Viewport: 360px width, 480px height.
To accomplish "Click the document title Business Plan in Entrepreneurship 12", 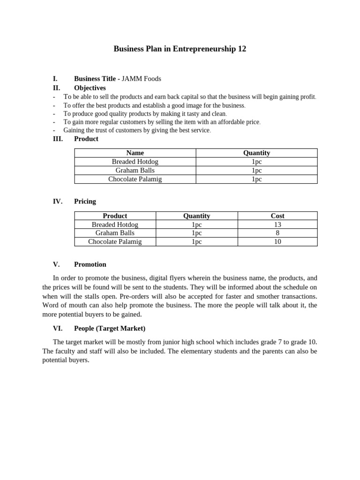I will pyautogui.click(x=180, y=49).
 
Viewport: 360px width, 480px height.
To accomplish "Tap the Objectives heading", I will pyautogui.click(x=90, y=88).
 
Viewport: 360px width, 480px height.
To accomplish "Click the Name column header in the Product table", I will pyautogui.click(x=135, y=153).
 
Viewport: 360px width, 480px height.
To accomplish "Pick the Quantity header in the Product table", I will pyautogui.click(x=256, y=153).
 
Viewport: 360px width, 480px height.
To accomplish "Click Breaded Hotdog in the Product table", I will pyautogui.click(x=135, y=161).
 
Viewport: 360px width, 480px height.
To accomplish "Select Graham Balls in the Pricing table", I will pyautogui.click(x=115, y=233).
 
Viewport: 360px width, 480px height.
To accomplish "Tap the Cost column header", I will pyautogui.click(x=277, y=216).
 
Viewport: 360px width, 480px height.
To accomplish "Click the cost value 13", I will pyautogui.click(x=277, y=225).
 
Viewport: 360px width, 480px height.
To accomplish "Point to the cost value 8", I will pyautogui.click(x=277, y=233).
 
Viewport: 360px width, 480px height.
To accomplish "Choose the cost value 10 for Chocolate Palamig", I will pyautogui.click(x=277, y=242).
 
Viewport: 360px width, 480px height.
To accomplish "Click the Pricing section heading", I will pyautogui.click(x=85, y=201).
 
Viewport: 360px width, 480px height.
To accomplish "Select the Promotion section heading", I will pyautogui.click(x=90, y=264).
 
